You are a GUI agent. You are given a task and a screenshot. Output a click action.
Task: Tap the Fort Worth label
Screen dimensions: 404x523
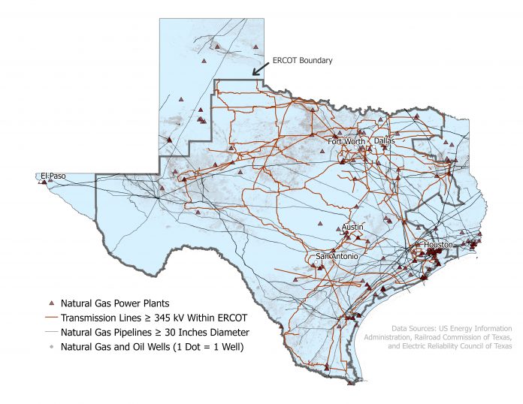click(x=346, y=141)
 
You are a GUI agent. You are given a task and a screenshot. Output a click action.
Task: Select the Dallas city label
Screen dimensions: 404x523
click(x=384, y=140)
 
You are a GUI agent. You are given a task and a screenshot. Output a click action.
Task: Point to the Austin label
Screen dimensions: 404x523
click(x=352, y=227)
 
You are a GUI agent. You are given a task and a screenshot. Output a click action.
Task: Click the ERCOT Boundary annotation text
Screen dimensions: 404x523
click(x=302, y=60)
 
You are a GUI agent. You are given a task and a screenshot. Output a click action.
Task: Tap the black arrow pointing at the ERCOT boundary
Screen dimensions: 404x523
click(x=260, y=68)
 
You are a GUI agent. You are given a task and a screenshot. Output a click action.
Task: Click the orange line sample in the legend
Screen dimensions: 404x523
click(x=51, y=317)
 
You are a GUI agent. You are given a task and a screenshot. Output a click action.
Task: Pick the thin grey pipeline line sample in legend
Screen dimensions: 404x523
click(x=51, y=331)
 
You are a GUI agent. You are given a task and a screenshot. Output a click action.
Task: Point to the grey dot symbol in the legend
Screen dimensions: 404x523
click(x=51, y=346)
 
